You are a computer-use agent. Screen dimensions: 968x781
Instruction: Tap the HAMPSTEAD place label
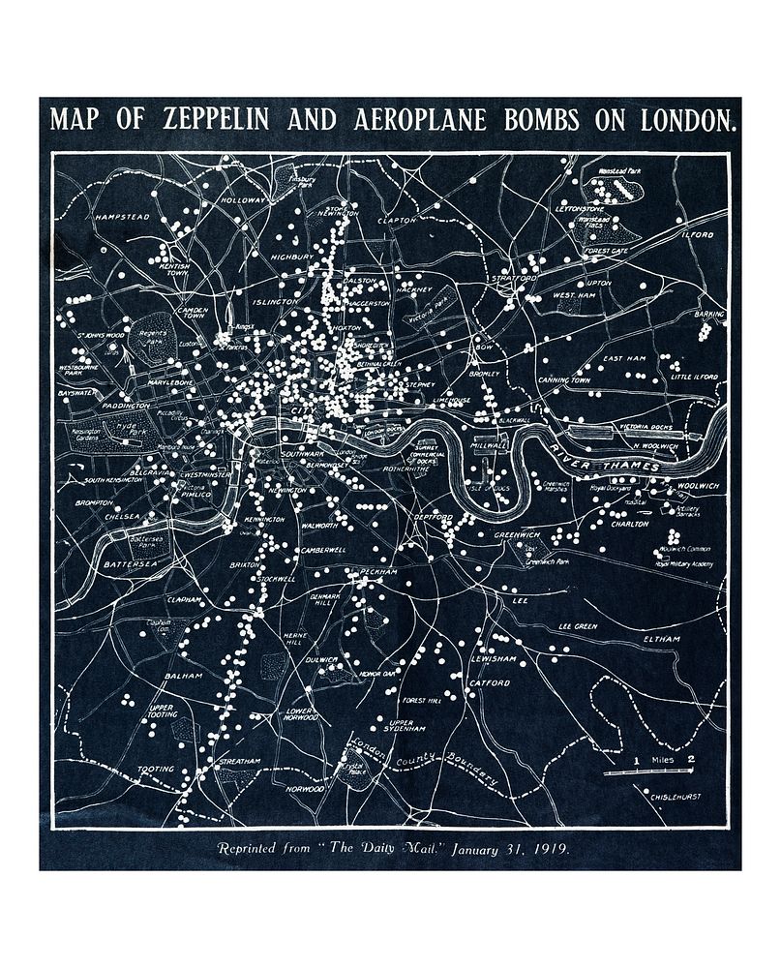coord(123,217)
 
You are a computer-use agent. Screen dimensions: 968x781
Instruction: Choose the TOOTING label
coord(156,770)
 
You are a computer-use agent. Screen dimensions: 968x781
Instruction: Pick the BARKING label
coord(707,315)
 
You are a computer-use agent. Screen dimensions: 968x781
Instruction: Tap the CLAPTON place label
coord(397,221)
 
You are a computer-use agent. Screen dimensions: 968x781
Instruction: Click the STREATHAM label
coord(239,762)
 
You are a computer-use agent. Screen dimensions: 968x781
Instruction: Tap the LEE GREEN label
coord(578,626)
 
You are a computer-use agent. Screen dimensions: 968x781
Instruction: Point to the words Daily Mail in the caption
coord(397,848)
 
